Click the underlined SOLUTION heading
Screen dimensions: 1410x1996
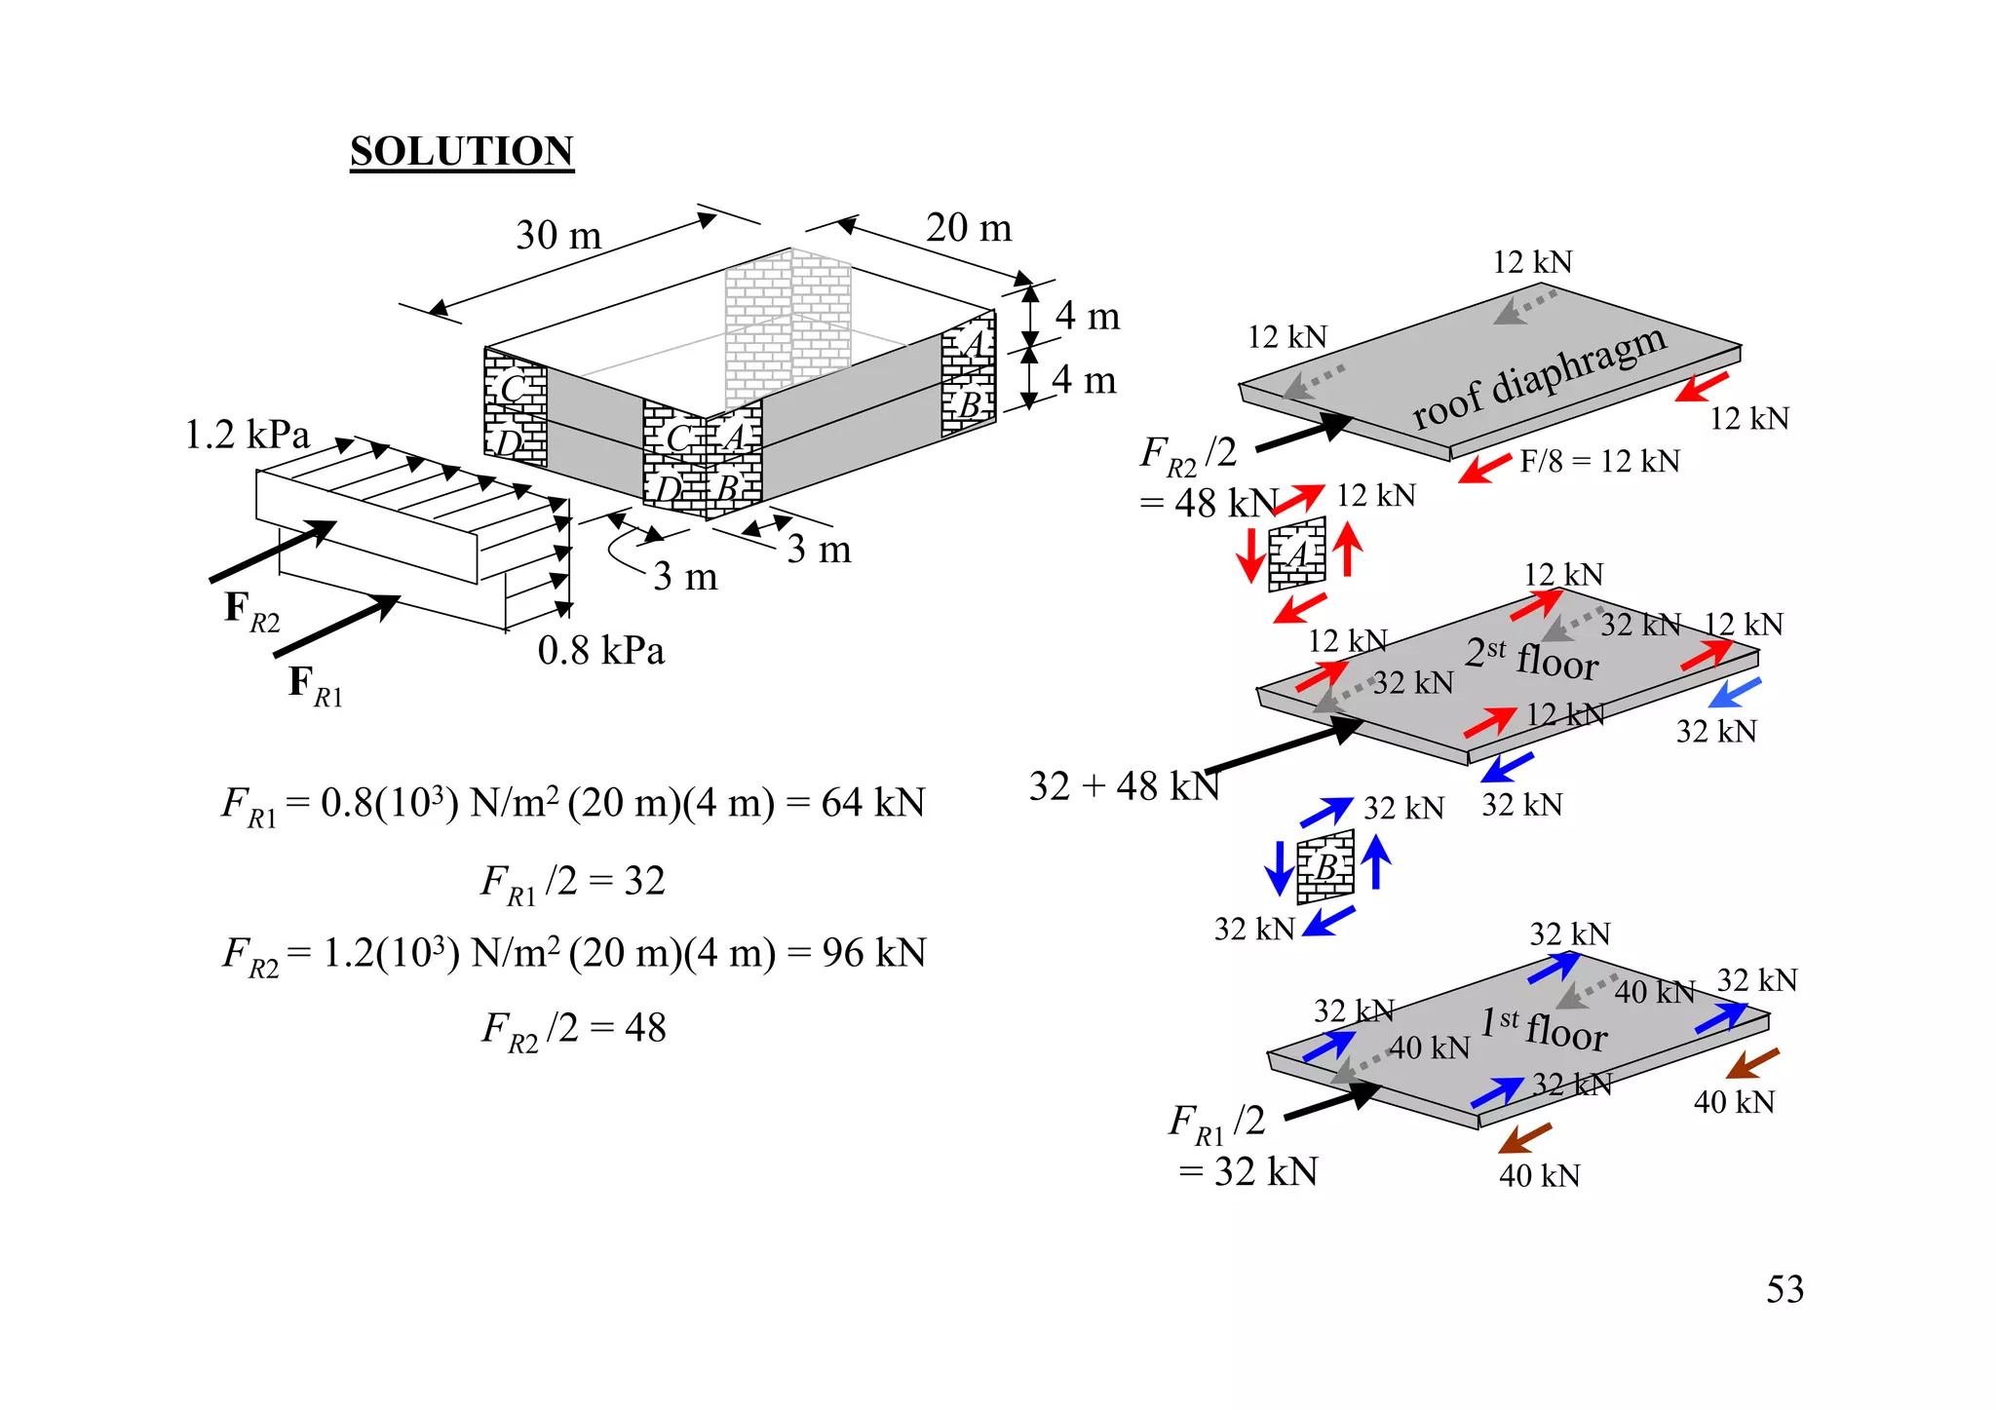462,152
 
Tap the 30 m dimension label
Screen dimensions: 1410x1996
558,235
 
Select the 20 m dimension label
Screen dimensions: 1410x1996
969,228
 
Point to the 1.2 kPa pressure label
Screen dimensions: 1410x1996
248,435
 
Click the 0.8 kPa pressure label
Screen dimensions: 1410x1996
600,651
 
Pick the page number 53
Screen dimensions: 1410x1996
1785,1290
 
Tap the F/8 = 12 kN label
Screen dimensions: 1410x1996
1599,461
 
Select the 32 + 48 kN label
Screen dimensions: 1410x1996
1125,785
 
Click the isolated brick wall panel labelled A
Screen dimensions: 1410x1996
1297,554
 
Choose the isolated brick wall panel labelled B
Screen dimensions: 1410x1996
1325,866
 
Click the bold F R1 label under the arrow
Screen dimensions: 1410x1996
315,683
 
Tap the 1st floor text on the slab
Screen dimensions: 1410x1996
1544,1029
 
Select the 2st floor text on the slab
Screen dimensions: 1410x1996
1531,658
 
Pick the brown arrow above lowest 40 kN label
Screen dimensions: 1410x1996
1525,1138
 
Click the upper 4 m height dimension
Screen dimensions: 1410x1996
1088,316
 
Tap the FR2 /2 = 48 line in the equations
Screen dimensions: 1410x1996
573,1029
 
